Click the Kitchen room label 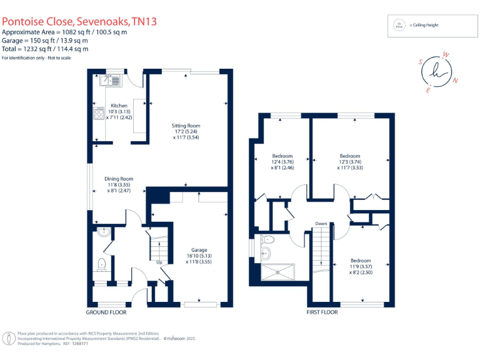119,106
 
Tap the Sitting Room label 186,126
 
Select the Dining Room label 119,179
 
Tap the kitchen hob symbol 99,113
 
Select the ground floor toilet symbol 103,264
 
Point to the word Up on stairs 159,262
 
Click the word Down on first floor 321,223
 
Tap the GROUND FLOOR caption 106,311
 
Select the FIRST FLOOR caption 322,311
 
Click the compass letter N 456,80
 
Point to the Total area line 45,49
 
